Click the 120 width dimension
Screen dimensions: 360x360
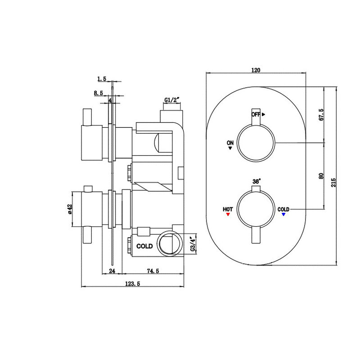[256, 70]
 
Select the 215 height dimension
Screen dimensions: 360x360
[333, 181]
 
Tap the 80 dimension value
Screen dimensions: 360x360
[321, 175]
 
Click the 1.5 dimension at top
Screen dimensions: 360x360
[101, 79]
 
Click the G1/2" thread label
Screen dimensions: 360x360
[172, 99]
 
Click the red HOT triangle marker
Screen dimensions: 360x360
[228, 215]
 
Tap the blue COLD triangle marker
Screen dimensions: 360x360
[283, 215]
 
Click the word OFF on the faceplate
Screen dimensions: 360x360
[256, 114]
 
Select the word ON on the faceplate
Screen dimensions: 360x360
[230, 143]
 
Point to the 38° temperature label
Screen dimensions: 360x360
[256, 181]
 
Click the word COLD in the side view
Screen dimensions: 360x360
[144, 246]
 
